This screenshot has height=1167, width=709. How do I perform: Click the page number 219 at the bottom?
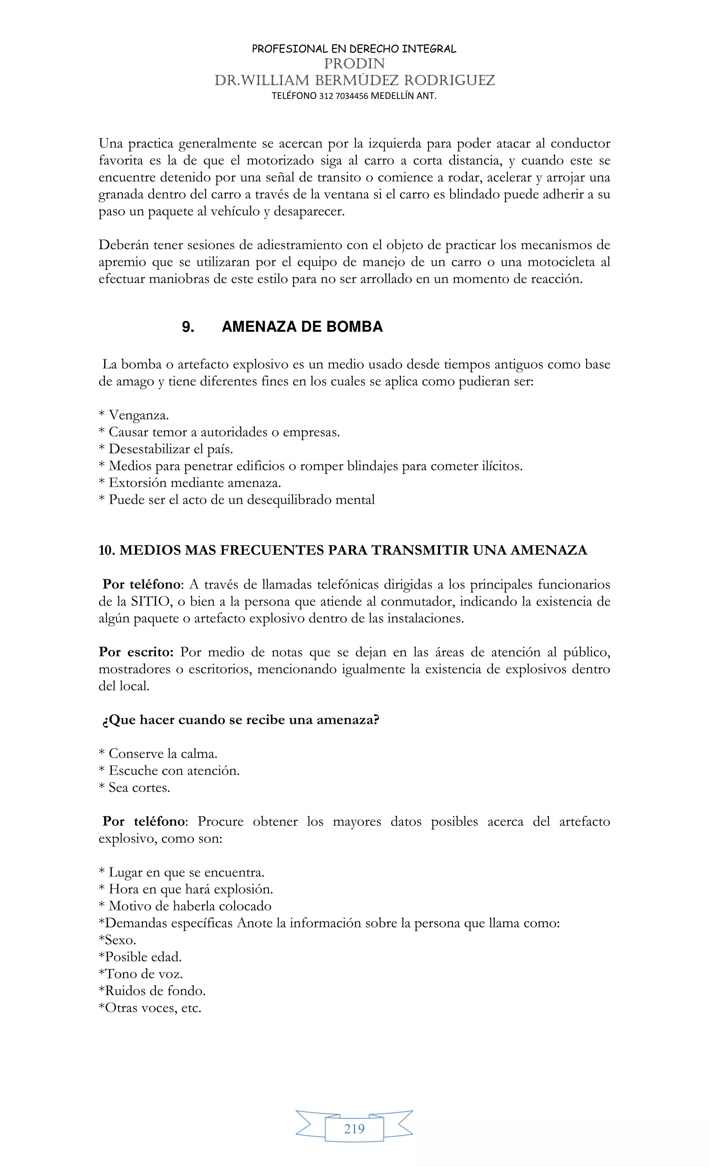tap(354, 1129)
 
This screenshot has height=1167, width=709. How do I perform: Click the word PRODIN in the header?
tap(354, 63)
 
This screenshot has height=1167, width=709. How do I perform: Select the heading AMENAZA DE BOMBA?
tap(302, 327)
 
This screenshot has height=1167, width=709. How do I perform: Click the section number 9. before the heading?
tap(188, 327)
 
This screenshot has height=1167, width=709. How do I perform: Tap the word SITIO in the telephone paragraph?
tap(150, 602)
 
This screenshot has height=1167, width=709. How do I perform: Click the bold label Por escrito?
tap(136, 652)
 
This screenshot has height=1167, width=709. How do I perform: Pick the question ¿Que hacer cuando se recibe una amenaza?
tap(241, 720)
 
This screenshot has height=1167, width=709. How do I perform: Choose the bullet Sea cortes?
tap(139, 788)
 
